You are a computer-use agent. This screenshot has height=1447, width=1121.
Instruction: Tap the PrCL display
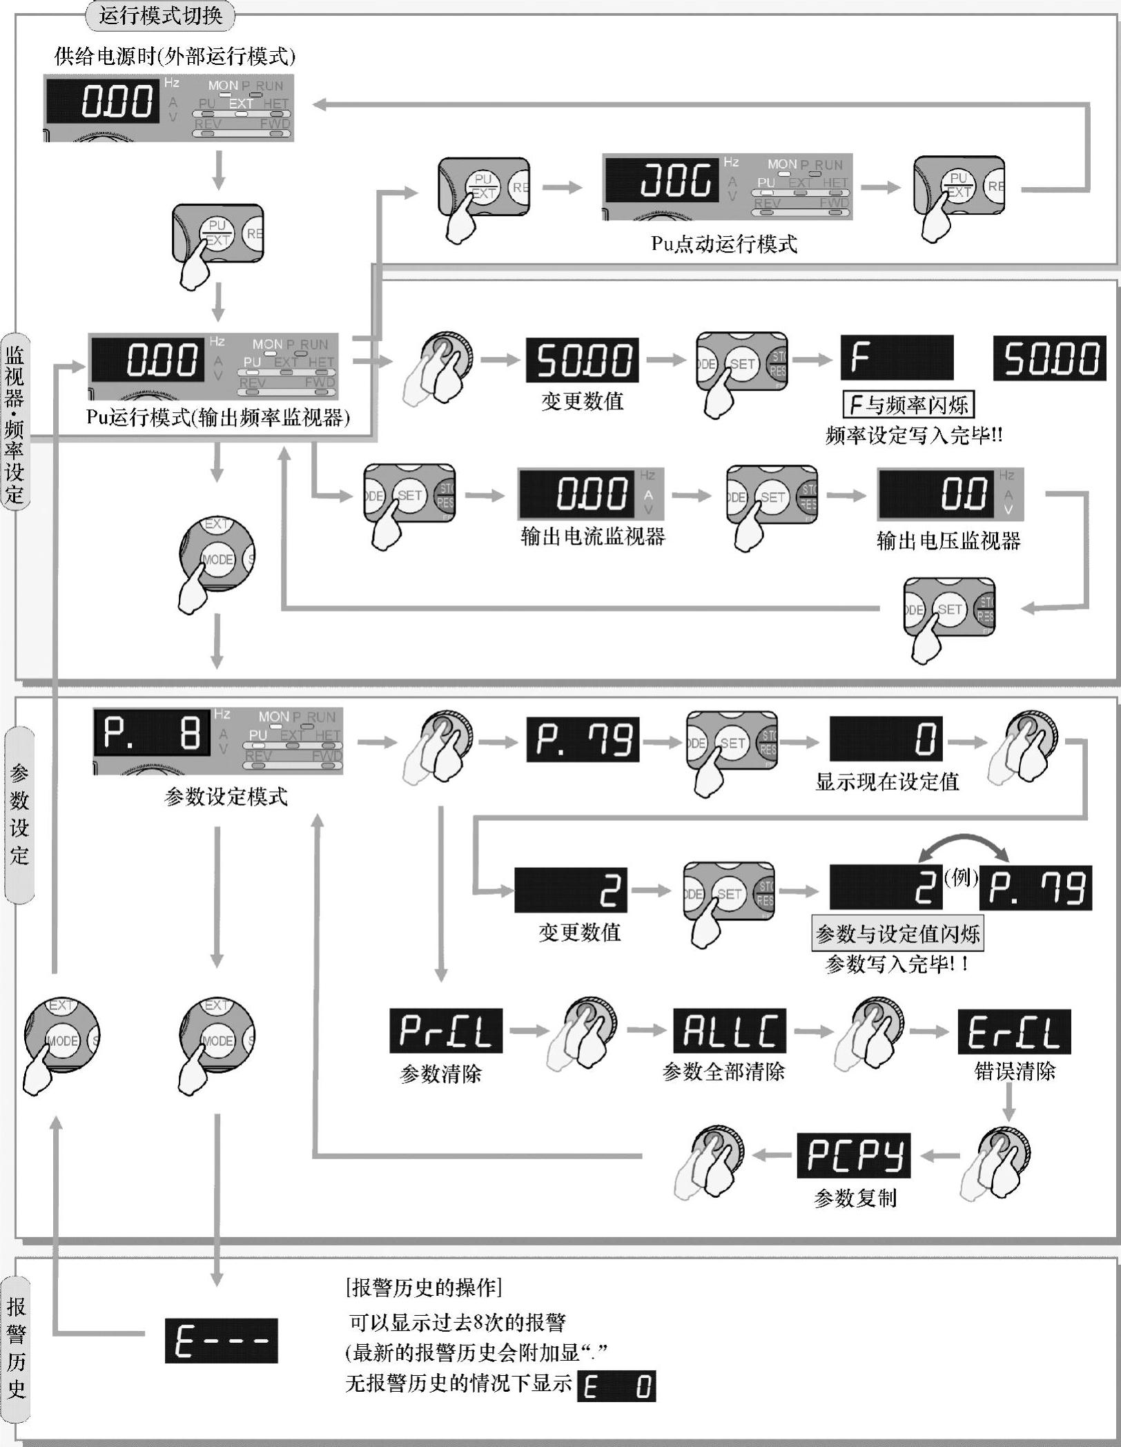coord(445,1031)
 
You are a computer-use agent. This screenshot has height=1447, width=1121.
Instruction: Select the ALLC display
coord(730,1031)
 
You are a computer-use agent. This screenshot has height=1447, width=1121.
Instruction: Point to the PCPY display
coord(853,1155)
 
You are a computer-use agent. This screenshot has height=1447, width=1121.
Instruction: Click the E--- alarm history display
coord(221,1341)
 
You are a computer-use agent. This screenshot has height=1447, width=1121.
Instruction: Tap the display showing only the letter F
coord(896,358)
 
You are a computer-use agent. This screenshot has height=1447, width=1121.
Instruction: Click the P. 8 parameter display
coord(152,732)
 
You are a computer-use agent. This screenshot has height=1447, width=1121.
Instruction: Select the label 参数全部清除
coord(723,1071)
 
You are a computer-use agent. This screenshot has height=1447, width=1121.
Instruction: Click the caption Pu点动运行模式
coord(724,244)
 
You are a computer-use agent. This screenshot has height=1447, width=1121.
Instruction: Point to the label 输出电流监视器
coord(593,536)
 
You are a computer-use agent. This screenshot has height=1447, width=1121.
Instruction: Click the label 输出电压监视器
coord(948,541)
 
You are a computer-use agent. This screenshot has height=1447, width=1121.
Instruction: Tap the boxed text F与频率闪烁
coord(908,405)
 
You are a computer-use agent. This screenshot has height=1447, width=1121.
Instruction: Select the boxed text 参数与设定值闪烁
coord(897,934)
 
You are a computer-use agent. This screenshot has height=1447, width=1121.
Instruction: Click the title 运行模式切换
coord(160,15)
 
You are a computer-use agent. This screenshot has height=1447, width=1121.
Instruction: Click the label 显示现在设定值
coord(887,781)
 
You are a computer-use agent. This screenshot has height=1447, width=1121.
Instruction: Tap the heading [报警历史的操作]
coord(423,1287)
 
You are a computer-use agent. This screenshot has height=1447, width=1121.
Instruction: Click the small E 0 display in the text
coord(616,1386)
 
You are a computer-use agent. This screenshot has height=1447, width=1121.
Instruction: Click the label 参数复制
coord(855,1198)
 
